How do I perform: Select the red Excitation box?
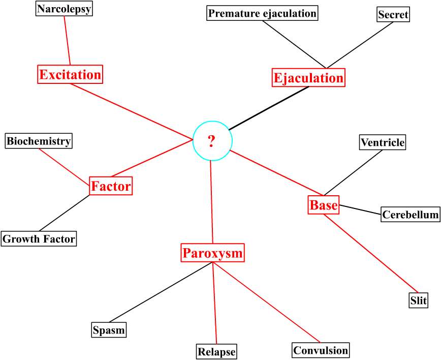(x=70, y=75)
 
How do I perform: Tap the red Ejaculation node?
(x=308, y=78)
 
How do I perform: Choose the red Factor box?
(x=111, y=186)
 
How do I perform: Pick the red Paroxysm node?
(x=213, y=253)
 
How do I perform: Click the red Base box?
(x=324, y=205)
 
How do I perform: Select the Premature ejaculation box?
(x=262, y=13)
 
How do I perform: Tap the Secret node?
(x=393, y=15)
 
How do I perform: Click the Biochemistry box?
(x=39, y=141)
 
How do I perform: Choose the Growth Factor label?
(x=39, y=238)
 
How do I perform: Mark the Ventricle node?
(x=383, y=142)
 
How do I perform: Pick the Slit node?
(x=419, y=301)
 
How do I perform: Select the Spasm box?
(x=109, y=330)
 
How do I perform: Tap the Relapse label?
(x=217, y=351)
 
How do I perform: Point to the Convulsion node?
(x=321, y=350)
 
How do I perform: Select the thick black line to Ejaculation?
(x=268, y=108)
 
